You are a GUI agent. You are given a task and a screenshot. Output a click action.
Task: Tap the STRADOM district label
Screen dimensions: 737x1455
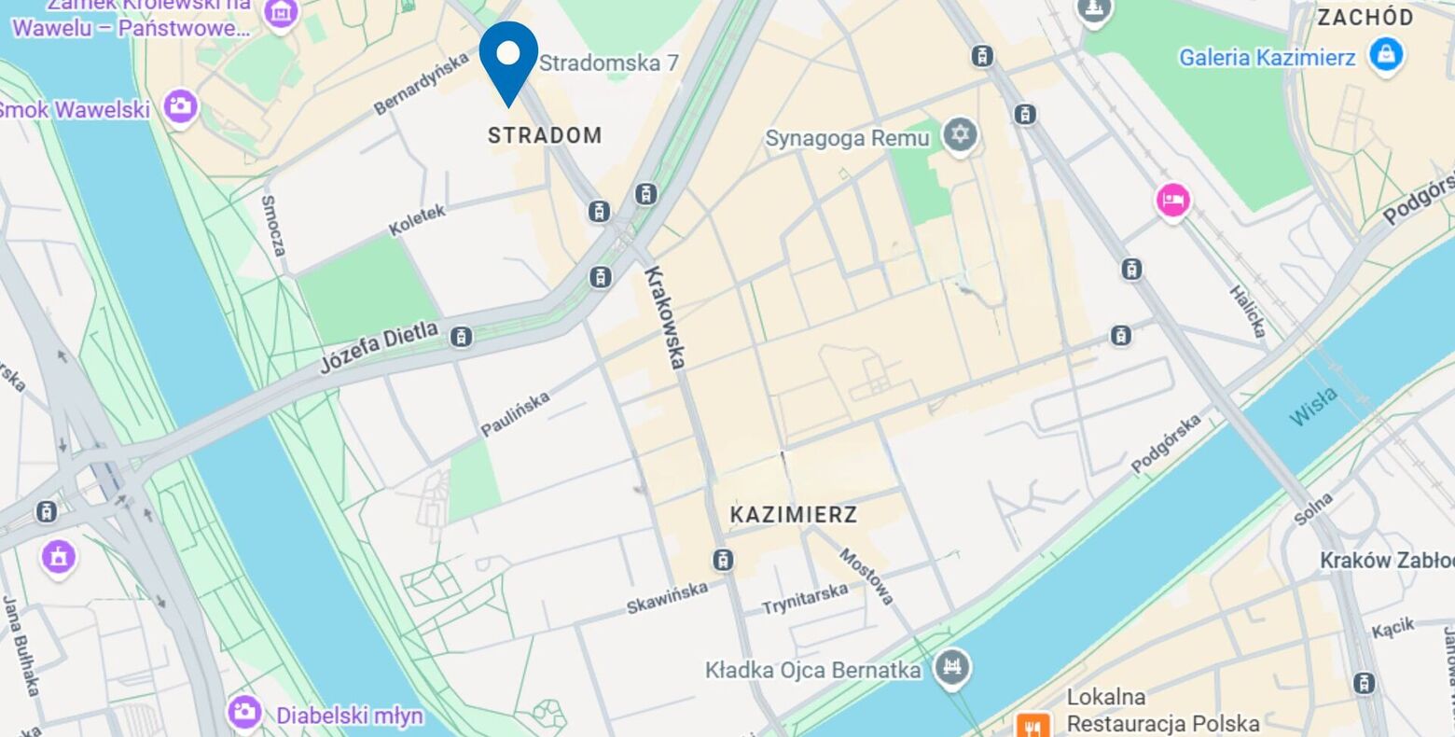pyautogui.click(x=545, y=135)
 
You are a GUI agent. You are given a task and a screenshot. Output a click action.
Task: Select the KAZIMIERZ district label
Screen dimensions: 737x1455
pyautogui.click(x=794, y=515)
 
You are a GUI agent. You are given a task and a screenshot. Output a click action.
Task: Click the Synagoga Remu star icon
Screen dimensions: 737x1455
pyautogui.click(x=959, y=136)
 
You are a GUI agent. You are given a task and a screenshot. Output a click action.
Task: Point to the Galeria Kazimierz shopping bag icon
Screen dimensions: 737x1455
pyautogui.click(x=1386, y=56)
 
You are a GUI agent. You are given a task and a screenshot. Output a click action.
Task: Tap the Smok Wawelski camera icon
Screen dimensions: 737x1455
pyautogui.click(x=180, y=106)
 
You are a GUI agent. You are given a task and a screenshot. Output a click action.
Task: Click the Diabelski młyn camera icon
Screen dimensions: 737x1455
pyautogui.click(x=244, y=714)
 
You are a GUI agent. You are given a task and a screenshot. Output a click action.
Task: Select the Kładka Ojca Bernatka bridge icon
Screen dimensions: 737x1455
pyautogui.click(x=952, y=669)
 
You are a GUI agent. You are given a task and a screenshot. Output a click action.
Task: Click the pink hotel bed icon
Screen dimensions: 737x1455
pyautogui.click(x=1172, y=201)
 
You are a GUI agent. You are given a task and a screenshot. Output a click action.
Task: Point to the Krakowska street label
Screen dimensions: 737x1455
pyautogui.click(x=666, y=317)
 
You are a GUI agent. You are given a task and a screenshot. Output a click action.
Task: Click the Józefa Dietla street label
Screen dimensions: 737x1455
pyautogui.click(x=379, y=347)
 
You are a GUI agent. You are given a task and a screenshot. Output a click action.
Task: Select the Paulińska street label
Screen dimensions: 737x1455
pyautogui.click(x=515, y=413)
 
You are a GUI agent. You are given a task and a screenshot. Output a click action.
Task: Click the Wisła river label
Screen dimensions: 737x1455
pyautogui.click(x=1313, y=407)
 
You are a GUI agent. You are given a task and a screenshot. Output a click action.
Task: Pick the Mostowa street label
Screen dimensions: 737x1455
pyautogui.click(x=867, y=576)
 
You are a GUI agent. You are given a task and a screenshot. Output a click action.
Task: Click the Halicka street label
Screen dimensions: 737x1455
pyautogui.click(x=1247, y=312)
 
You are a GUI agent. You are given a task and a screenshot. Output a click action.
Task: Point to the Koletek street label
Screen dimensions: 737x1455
pyautogui.click(x=417, y=220)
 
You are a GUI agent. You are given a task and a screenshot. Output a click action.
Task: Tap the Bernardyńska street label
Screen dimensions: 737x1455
pyautogui.click(x=421, y=83)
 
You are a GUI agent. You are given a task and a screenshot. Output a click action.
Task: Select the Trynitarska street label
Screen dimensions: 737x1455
pyautogui.click(x=805, y=598)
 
